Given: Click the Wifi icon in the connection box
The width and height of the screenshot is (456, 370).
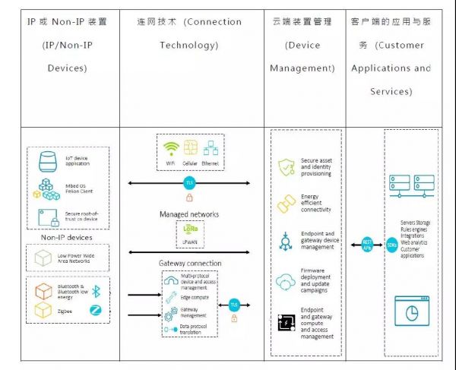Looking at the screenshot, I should tap(172, 148).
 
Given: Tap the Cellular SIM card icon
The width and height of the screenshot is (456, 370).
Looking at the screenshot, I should tap(191, 148).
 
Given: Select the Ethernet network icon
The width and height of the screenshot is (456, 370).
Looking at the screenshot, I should tap(211, 148).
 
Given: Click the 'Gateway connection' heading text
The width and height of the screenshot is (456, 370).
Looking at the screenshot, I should tap(191, 263).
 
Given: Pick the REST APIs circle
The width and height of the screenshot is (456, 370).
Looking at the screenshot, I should tap(366, 245).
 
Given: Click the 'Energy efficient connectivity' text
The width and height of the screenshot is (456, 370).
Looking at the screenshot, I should tap(315, 204).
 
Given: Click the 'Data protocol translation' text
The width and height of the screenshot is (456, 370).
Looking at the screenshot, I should tap(197, 328).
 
